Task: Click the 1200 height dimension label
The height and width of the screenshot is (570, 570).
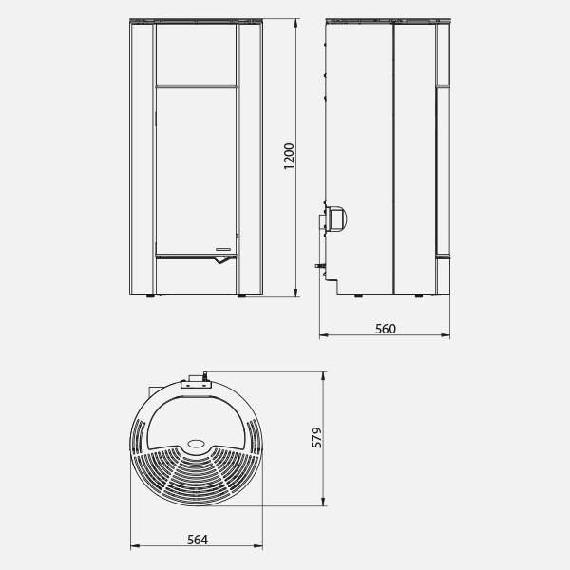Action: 289,157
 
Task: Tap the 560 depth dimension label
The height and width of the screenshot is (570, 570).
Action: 386,329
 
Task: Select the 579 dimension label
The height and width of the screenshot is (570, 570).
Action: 317,437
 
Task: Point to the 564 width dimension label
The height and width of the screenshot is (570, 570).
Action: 198,540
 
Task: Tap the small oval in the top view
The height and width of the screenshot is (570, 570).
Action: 197,443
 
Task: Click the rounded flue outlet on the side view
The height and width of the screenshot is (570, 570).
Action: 336,219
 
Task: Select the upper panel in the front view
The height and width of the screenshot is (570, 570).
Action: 197,54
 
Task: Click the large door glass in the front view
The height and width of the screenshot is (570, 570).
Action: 197,171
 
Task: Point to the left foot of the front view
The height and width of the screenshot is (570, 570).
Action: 150,296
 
